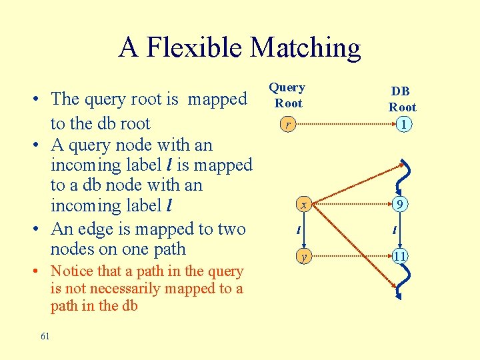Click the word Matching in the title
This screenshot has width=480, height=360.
[305, 49]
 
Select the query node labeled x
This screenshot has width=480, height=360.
[303, 205]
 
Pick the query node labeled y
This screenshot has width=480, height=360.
[303, 255]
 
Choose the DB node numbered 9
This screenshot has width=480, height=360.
[399, 205]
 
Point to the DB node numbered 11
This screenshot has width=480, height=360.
[399, 255]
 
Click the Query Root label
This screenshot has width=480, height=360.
[287, 95]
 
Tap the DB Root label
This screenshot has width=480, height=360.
[402, 99]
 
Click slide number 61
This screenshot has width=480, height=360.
[45, 337]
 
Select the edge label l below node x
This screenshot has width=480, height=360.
[298, 231]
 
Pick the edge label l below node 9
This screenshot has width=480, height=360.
[395, 231]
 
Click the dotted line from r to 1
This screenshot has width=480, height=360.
[343, 124]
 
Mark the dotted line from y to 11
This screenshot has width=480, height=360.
[350, 255]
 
